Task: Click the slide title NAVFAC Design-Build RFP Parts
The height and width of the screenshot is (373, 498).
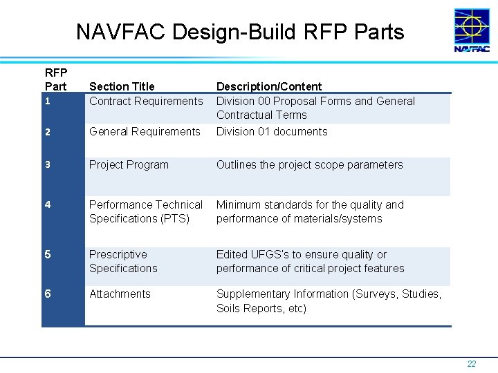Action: tap(240, 32)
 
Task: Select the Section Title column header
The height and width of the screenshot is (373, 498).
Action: tap(122, 86)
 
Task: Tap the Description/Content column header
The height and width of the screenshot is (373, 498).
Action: tap(269, 86)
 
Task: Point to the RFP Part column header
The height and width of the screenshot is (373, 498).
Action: tap(56, 79)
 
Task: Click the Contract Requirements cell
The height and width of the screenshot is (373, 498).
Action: tap(146, 101)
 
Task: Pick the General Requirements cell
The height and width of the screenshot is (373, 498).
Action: tap(145, 131)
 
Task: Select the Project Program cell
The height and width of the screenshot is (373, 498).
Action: tap(129, 164)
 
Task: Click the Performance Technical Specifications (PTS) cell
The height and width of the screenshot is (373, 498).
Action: tap(146, 211)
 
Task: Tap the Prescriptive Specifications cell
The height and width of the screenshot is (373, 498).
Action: tap(123, 261)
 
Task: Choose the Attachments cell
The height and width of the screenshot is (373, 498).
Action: tap(120, 294)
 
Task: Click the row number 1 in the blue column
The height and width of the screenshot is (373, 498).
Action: tap(47, 102)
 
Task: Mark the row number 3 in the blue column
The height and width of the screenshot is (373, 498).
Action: tap(47, 165)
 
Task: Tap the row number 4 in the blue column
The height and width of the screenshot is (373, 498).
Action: tap(47, 205)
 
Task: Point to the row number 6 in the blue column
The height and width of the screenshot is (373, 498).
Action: tap(47, 294)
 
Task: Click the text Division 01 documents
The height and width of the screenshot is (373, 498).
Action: tap(272, 131)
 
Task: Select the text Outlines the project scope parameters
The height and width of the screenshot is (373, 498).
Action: tap(309, 164)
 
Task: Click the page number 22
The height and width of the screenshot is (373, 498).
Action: tap(471, 364)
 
